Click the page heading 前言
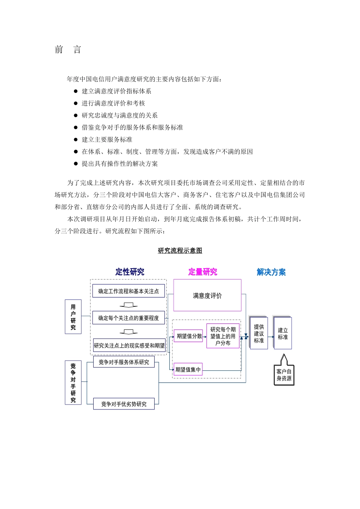point(68,50)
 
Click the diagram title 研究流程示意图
point(180,250)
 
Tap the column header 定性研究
point(130,272)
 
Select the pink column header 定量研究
point(203,272)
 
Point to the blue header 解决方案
point(271,272)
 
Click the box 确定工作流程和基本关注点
point(128,291)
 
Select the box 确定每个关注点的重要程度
point(128,318)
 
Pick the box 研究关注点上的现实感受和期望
point(129,345)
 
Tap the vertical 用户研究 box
point(73,317)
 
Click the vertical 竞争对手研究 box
point(73,383)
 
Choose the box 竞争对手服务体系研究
point(124,362)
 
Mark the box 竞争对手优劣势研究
point(124,404)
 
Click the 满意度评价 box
point(207,295)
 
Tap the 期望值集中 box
point(188,370)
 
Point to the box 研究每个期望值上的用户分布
point(223,336)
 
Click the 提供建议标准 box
point(259,333)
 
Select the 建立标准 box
point(283,333)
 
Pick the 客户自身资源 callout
point(284,375)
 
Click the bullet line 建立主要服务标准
point(107,140)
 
